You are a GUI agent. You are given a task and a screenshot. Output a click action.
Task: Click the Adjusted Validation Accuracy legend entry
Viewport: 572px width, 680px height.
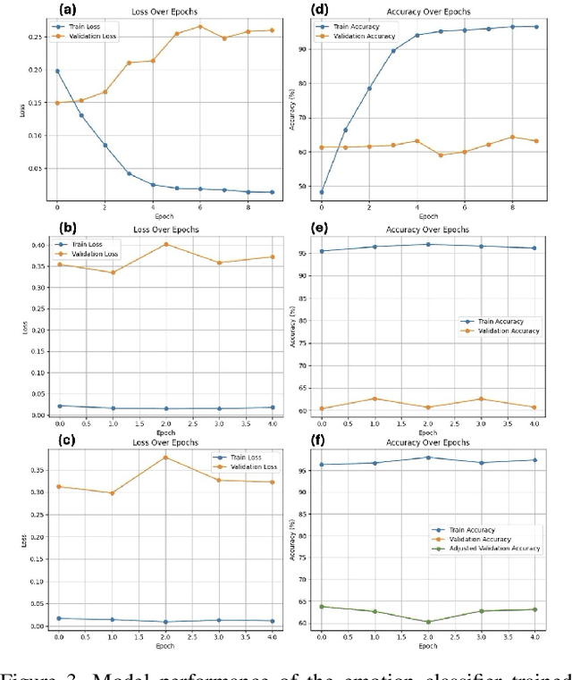point(498,548)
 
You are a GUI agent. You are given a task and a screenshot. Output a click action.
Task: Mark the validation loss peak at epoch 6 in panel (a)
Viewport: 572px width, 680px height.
point(199,26)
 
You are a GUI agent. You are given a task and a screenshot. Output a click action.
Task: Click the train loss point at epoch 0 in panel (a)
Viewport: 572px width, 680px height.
point(57,71)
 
